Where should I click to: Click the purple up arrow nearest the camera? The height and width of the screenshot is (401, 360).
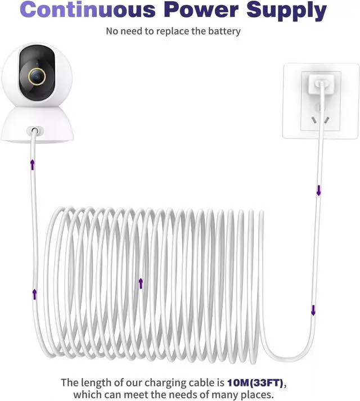[x=33, y=164]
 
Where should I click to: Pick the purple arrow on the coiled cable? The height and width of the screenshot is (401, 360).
[x=141, y=283]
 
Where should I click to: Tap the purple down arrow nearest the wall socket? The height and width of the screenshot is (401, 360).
[x=318, y=191]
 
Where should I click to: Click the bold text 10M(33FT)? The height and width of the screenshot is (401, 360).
[x=256, y=383]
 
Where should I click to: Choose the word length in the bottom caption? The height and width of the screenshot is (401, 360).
[x=96, y=383]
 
